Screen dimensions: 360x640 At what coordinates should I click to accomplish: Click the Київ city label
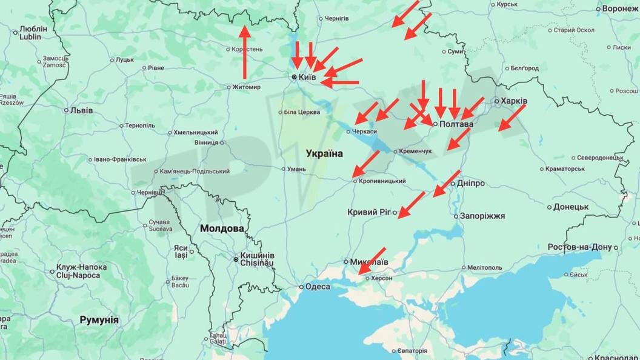307,78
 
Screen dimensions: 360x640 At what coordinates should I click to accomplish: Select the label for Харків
514,101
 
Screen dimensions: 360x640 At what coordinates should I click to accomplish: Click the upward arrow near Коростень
244,52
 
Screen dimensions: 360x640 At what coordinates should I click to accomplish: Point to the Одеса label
318,287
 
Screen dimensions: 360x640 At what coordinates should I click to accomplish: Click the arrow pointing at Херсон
372,261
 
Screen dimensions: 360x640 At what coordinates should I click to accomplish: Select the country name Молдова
222,228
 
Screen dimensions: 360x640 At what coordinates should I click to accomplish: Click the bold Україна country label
324,153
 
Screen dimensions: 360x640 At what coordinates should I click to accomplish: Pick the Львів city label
82,110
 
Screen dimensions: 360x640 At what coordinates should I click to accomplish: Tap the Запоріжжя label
482,216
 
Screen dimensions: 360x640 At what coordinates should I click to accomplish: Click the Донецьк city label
572,207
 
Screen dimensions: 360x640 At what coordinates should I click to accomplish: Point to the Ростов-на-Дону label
580,247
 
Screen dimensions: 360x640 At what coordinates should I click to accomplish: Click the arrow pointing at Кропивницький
366,164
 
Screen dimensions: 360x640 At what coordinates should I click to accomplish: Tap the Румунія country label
99,320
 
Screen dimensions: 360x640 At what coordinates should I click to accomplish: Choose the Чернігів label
336,19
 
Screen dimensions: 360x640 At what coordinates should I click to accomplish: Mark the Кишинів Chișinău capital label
258,259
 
